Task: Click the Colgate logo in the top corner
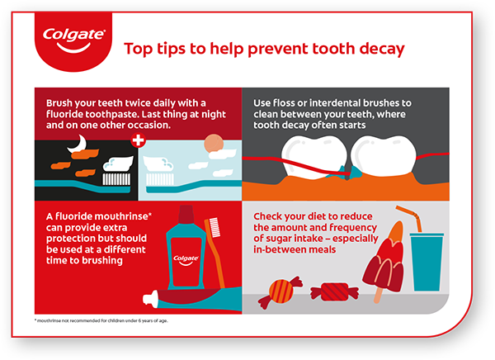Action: (73, 40)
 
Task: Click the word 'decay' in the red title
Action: (382, 49)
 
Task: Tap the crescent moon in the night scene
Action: (78, 144)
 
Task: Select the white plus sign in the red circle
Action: (139, 140)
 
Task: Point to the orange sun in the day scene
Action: (214, 144)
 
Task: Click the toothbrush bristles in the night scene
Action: (116, 179)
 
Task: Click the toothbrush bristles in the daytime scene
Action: (160, 179)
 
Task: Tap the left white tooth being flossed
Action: (313, 157)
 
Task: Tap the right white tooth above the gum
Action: (384, 155)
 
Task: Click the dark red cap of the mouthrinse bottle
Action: (186, 215)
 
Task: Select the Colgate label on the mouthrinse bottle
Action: (186, 260)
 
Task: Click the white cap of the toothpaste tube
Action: (150, 299)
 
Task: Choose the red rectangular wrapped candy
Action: (335, 292)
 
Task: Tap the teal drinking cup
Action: (427, 262)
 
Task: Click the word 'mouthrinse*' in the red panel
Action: (124, 216)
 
